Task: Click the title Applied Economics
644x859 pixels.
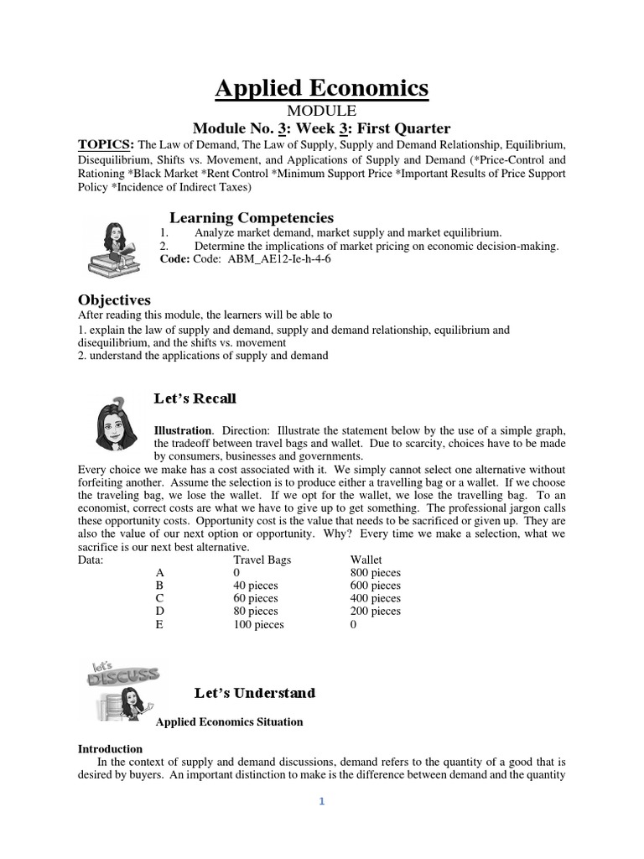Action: pos(321,87)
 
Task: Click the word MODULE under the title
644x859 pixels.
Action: pos(322,111)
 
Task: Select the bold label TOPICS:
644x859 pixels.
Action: pos(107,143)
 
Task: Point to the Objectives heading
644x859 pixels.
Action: pos(114,299)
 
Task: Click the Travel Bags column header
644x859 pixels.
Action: pos(262,560)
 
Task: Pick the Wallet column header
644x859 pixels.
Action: pos(366,560)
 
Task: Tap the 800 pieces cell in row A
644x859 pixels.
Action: pos(376,572)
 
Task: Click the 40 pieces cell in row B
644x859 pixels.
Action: pos(255,586)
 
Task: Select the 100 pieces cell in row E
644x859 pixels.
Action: pos(258,624)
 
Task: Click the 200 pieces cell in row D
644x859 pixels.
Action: pos(376,612)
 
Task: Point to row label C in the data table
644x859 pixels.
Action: pos(160,598)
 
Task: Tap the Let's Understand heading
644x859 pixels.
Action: pos(255,693)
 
